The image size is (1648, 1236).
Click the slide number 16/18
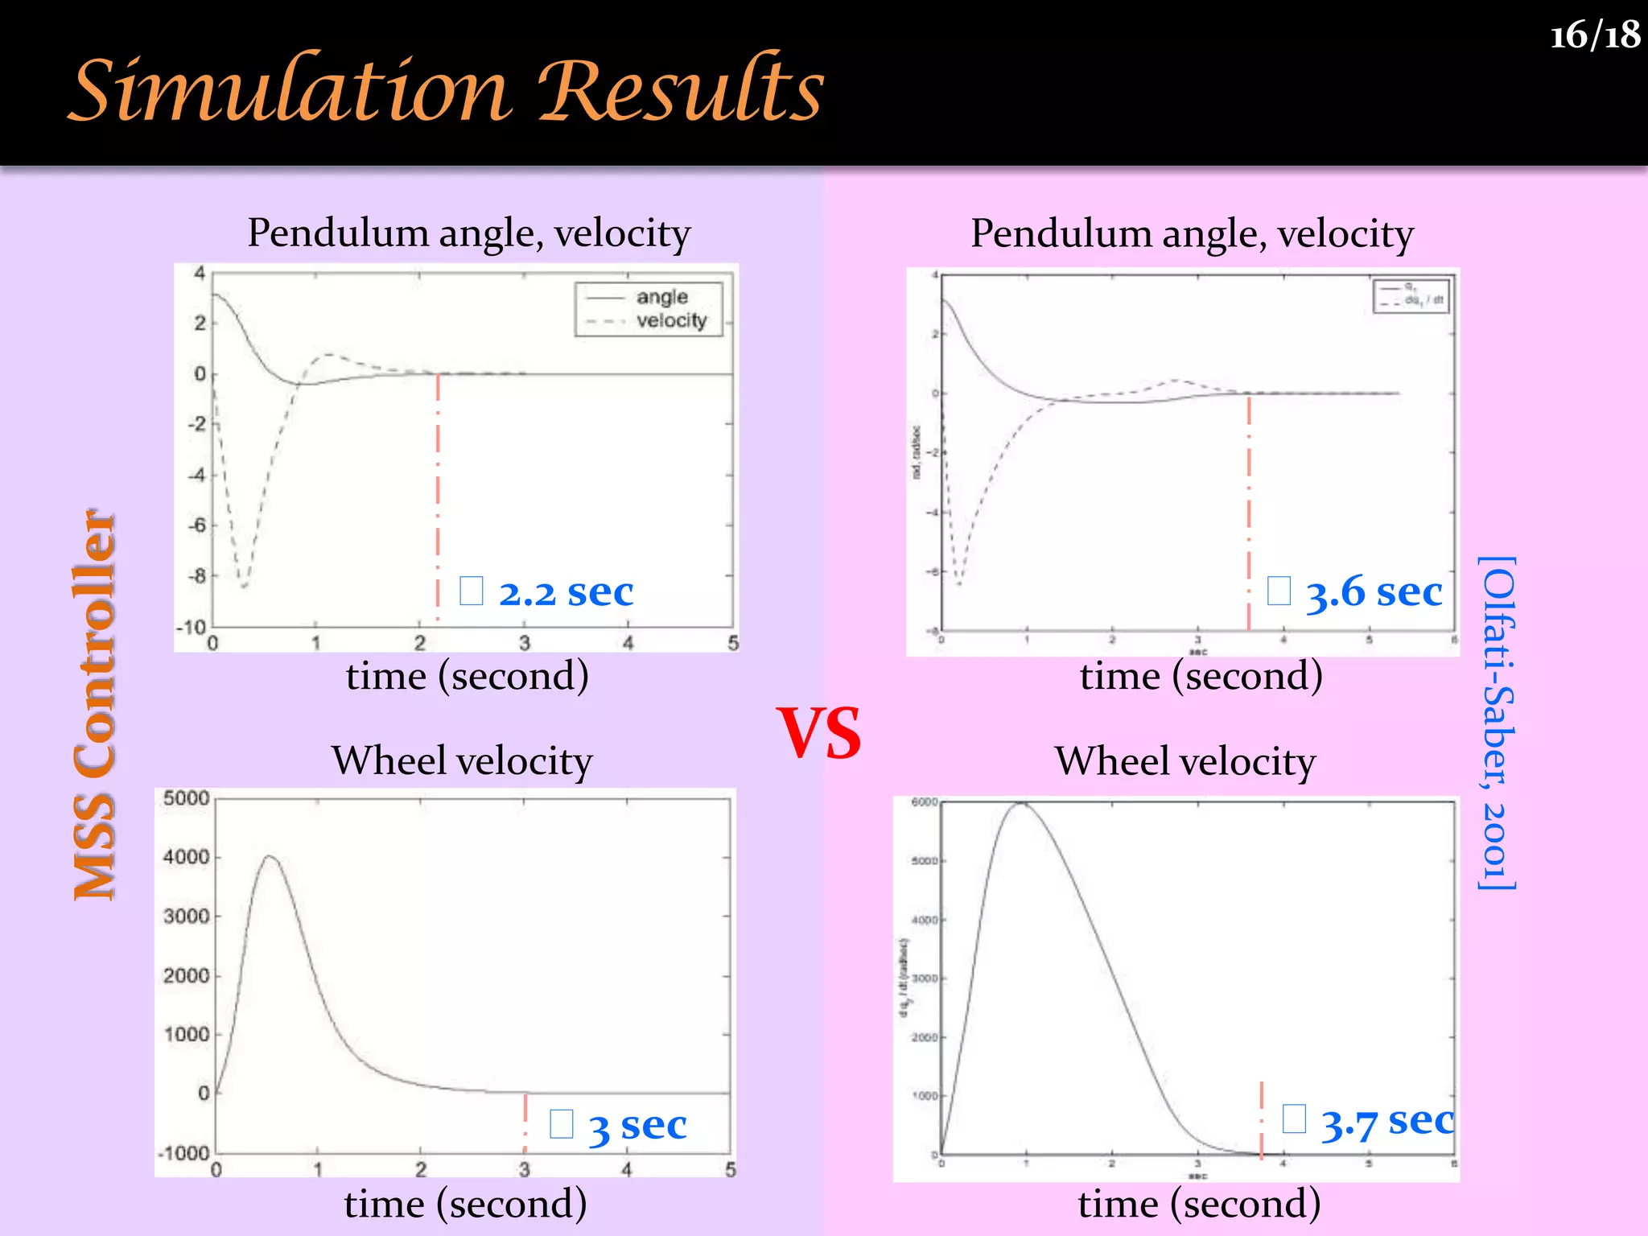1594,35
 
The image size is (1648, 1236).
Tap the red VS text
818,733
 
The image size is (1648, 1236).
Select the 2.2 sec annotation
566,592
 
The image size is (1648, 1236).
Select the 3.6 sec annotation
1373,592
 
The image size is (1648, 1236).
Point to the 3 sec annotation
637,1125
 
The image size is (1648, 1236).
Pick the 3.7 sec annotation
1386,1121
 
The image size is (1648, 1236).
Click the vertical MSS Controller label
95,705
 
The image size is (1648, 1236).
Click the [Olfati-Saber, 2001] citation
1498,723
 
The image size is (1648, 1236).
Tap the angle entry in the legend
661,297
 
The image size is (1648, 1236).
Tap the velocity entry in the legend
671,320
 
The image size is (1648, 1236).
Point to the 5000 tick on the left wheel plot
186,798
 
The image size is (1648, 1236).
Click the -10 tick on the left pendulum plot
192,627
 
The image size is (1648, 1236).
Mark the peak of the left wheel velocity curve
270,856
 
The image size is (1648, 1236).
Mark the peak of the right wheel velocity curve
1022,802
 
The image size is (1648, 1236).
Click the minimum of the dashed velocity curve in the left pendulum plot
243,587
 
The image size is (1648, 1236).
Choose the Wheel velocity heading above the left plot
462,760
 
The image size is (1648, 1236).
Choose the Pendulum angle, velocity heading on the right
1192,233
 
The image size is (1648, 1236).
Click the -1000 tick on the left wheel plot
184,1153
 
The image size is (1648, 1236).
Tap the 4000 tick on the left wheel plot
186,857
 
